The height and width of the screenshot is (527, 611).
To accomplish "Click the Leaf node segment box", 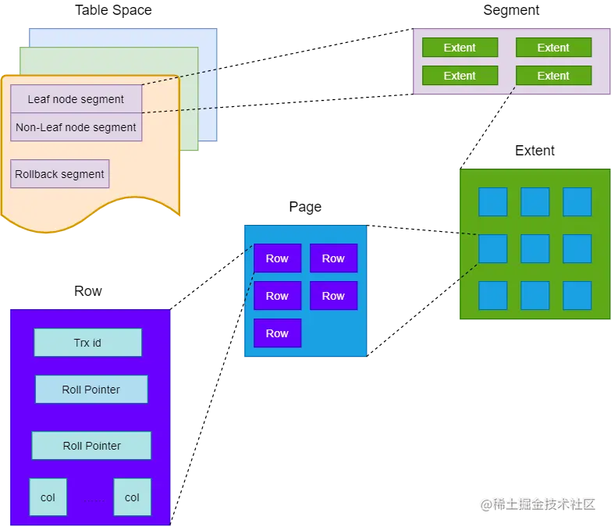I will pyautogui.click(x=76, y=99).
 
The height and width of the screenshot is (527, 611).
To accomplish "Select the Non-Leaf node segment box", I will pyautogui.click(x=76, y=127).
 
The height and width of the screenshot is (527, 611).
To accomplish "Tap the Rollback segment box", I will pyautogui.click(x=60, y=174).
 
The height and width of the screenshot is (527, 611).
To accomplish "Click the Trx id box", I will pyautogui.click(x=87, y=343).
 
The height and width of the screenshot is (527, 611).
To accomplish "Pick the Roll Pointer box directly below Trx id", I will pyautogui.click(x=91, y=390).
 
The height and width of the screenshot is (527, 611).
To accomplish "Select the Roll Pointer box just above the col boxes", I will pyautogui.click(x=91, y=446).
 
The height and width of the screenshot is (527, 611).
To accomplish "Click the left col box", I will pyautogui.click(x=48, y=497).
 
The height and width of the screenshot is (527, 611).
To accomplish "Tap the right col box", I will pyautogui.click(x=132, y=497).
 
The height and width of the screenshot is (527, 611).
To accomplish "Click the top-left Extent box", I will pyautogui.click(x=460, y=48).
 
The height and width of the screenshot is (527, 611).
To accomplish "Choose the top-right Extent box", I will pyautogui.click(x=553, y=48).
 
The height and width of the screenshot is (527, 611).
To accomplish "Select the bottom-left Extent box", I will pyautogui.click(x=460, y=76).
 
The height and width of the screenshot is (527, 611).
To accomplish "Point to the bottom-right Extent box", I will pyautogui.click(x=553, y=76).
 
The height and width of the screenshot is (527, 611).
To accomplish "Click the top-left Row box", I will pyautogui.click(x=277, y=258).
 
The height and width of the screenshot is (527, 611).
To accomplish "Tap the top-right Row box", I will pyautogui.click(x=333, y=258).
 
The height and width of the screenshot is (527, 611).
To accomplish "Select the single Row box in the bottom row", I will pyautogui.click(x=277, y=333).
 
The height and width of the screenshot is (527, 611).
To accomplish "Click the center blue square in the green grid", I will pyautogui.click(x=535, y=248).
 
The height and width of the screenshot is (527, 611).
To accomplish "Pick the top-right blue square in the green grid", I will pyautogui.click(x=577, y=201).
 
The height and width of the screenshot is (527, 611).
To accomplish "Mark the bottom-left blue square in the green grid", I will pyautogui.click(x=492, y=295).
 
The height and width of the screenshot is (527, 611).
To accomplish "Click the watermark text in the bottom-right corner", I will pyautogui.click(x=537, y=504).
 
